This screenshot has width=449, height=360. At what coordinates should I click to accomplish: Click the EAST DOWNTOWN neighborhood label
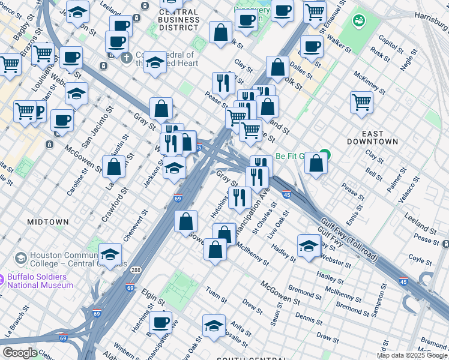coord(372,137)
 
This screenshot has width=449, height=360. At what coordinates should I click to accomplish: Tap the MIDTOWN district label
coord(48,222)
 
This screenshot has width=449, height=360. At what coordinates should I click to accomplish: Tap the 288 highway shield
coord(137,270)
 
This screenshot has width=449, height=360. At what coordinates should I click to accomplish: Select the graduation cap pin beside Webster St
coord(309,245)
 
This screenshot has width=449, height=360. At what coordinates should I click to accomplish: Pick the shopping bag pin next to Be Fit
coord(316,162)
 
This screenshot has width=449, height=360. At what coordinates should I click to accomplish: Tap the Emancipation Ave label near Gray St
coord(253,210)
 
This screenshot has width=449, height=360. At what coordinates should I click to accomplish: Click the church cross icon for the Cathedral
coord(126,58)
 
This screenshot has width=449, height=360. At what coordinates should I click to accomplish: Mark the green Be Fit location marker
coord(325,154)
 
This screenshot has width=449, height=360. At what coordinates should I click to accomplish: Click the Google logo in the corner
coord(20,353)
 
